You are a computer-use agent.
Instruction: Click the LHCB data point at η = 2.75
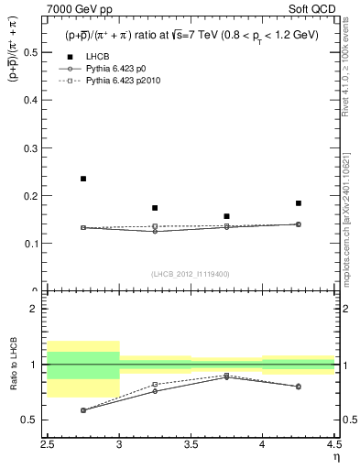[83, 179]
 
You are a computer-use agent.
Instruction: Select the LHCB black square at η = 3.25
[155, 208]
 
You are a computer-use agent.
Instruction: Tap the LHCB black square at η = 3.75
[226, 216]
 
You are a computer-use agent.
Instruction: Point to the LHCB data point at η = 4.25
[298, 203]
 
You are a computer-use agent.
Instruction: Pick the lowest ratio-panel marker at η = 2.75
[83, 410]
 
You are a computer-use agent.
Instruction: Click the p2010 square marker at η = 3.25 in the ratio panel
[155, 385]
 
